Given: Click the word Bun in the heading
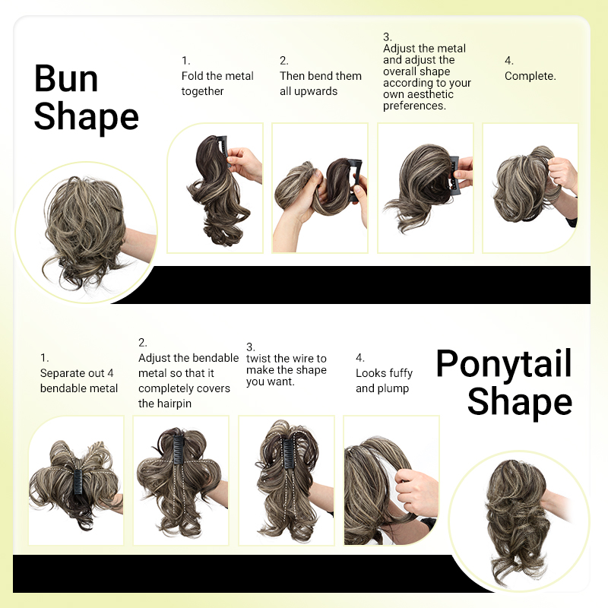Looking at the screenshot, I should click(x=66, y=78).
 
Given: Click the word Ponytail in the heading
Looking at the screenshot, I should click(x=503, y=364).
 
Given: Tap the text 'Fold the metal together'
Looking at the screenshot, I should click(x=217, y=84).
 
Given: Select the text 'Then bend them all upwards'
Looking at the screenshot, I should click(x=321, y=84).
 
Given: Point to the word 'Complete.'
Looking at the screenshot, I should click(x=530, y=76).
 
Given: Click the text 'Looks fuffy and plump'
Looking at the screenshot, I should click(x=384, y=381).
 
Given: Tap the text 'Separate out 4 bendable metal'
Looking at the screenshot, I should click(x=79, y=381).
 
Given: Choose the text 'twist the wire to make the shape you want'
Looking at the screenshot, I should click(x=287, y=370).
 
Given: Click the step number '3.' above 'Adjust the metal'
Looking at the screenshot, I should click(x=387, y=36).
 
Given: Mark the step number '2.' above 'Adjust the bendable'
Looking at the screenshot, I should click(x=143, y=343).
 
